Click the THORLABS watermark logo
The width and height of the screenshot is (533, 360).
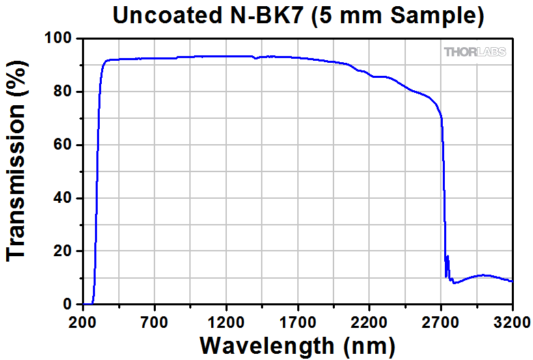pos(475,52)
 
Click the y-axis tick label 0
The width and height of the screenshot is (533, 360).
pos(68,305)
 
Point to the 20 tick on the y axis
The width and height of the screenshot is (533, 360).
pos(64,251)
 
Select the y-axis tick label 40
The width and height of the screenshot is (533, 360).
pos(64,198)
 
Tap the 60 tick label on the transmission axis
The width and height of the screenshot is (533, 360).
pos(64,145)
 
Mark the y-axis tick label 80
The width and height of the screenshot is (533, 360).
pos(64,92)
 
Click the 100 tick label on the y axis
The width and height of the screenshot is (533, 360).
pos(59,39)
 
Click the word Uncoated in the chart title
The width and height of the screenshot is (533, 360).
pos(161,16)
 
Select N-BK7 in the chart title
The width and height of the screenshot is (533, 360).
pos(264,16)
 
